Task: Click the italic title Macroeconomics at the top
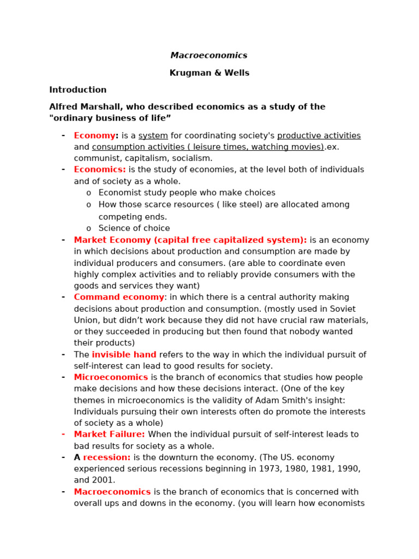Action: click(x=209, y=56)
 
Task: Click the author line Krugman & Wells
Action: click(x=209, y=73)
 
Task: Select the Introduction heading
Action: click(x=78, y=90)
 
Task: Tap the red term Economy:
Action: click(x=96, y=136)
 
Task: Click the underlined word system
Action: click(x=153, y=136)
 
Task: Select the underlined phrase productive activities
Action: click(x=319, y=136)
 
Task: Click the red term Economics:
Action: click(x=100, y=170)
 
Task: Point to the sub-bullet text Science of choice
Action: click(x=134, y=228)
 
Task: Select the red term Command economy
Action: click(x=119, y=298)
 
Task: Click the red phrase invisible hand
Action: click(x=124, y=355)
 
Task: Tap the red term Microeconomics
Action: click(x=111, y=378)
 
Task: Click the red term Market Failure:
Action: click(x=109, y=435)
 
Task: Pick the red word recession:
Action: click(x=106, y=457)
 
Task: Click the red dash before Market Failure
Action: click(x=63, y=434)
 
